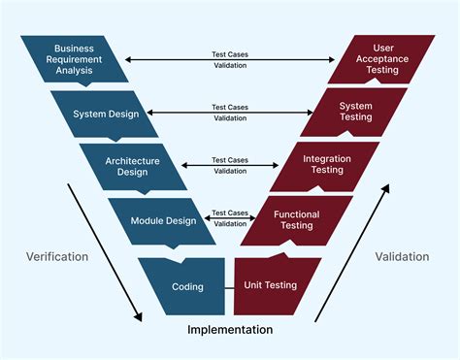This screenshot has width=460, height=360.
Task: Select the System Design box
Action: (105, 114)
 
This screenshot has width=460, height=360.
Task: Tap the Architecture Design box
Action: (132, 166)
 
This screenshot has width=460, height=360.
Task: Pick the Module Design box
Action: (162, 220)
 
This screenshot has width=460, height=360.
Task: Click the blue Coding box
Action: (186, 286)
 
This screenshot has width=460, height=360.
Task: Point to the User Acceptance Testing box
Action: (383, 60)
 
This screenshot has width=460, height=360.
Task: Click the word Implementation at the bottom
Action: (230, 330)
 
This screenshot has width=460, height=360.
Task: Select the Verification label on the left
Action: (56, 257)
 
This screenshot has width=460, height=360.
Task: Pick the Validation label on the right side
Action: (402, 257)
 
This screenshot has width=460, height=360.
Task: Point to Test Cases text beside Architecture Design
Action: (230, 159)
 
